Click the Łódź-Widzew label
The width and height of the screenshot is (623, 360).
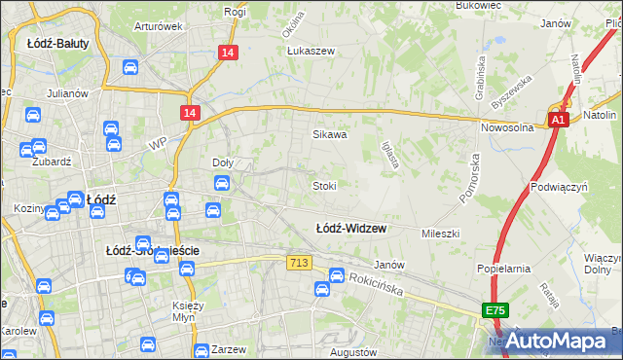pyautogui.click(x=350, y=229)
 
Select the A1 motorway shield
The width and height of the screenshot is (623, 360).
pyautogui.click(x=557, y=120)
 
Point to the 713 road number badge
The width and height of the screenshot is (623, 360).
pyautogui.click(x=298, y=263)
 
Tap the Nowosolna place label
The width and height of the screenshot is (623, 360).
pyautogui.click(x=507, y=127)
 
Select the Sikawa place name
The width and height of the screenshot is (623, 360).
pyautogui.click(x=329, y=135)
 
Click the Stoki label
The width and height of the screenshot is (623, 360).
pyautogui.click(x=324, y=185)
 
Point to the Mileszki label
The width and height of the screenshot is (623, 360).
pyautogui.click(x=439, y=234)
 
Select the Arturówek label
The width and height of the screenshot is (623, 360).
pyautogui.click(x=159, y=26)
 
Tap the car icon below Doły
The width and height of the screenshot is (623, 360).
pyautogui.click(x=221, y=182)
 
